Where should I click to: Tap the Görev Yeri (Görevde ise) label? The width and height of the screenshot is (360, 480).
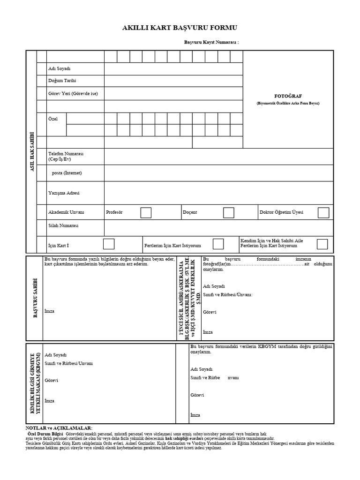click(x=73, y=94)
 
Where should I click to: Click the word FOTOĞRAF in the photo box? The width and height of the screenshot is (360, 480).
click(x=288, y=96)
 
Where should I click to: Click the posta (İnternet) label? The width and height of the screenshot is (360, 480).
click(x=67, y=173)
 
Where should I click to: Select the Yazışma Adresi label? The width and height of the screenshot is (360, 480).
click(x=64, y=193)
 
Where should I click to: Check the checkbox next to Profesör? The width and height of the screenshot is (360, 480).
click(x=146, y=212)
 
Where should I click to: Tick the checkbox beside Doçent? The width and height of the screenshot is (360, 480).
click(x=228, y=212)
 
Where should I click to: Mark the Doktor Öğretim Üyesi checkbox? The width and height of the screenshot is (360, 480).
click(x=323, y=212)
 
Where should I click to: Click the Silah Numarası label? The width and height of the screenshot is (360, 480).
click(x=63, y=226)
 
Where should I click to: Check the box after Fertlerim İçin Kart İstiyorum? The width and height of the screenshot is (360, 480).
click(x=218, y=244)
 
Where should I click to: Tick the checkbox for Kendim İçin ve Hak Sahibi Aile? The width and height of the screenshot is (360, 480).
click(x=322, y=244)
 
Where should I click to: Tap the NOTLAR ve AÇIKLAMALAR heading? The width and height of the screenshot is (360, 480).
click(x=59, y=428)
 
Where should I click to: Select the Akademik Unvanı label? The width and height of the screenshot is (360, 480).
click(x=66, y=212)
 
